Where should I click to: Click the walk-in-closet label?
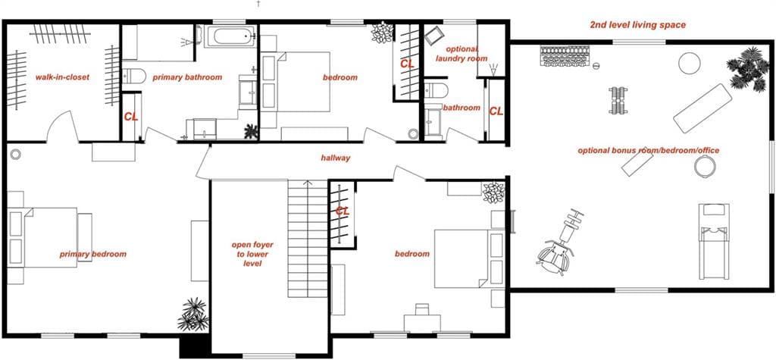click(x=62, y=77)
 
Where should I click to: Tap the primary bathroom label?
click(x=187, y=77)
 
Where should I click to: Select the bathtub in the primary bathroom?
click(x=230, y=36)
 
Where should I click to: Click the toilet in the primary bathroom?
click(x=134, y=76)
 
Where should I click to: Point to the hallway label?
click(x=335, y=158)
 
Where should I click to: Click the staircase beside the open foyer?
click(x=308, y=239)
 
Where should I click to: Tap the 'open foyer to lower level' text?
click(x=252, y=254)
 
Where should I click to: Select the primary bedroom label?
click(x=93, y=255)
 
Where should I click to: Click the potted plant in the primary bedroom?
click(x=193, y=314)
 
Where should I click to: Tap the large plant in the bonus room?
click(x=747, y=69)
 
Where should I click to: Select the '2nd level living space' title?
click(x=638, y=25)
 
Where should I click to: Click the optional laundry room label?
click(x=462, y=54)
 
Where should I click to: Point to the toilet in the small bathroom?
click(x=436, y=90)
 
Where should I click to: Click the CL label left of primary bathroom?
click(x=131, y=117)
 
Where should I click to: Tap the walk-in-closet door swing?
click(x=62, y=126)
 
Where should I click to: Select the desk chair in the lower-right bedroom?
click(x=421, y=309)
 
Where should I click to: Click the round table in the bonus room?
click(x=689, y=64)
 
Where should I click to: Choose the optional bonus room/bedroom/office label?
click(x=649, y=151)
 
